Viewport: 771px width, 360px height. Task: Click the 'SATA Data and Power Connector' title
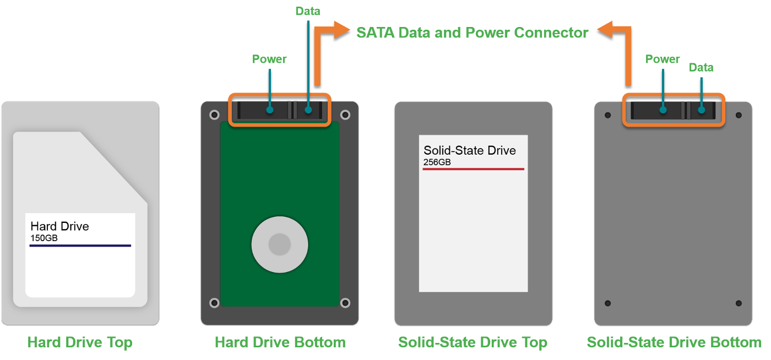(472, 33)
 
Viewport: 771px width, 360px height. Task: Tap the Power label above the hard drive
(269, 59)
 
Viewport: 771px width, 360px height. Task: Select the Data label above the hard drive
(308, 11)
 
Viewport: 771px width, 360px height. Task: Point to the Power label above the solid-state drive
(663, 59)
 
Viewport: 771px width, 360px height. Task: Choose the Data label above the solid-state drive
(701, 68)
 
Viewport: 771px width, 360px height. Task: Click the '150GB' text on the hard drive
(44, 238)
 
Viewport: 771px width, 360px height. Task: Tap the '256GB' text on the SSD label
(437, 162)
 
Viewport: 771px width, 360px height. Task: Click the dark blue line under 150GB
(80, 246)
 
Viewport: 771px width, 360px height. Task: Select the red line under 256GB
(473, 169)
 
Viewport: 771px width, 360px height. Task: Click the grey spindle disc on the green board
(279, 244)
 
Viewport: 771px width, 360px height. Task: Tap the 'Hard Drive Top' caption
(80, 342)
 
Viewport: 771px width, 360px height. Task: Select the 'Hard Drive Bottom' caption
(280, 342)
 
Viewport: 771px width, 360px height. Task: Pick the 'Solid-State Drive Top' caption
(473, 342)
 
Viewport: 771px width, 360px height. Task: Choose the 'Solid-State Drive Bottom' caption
(674, 342)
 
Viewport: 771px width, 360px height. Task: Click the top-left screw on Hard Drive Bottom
(214, 115)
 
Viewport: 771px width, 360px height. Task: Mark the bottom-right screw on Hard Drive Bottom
(345, 303)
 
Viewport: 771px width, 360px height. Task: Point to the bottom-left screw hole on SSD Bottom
(607, 303)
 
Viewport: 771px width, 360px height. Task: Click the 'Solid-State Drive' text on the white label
(469, 150)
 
